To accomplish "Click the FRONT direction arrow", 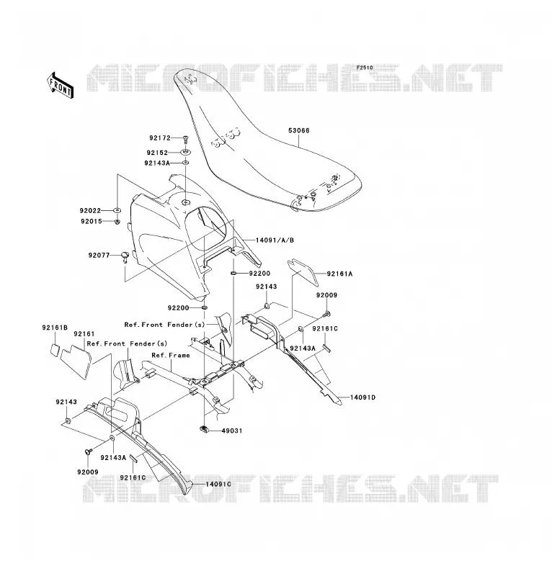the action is [x=61, y=86].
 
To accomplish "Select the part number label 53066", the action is [x=298, y=131].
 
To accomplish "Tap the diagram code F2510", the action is [x=365, y=68].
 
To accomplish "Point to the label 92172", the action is [x=160, y=138].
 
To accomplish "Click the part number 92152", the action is [x=157, y=153].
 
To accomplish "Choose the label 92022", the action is [x=91, y=211].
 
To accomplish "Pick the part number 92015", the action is [x=92, y=222].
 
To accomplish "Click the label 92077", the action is [x=99, y=256].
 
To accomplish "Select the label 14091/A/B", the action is [x=275, y=240].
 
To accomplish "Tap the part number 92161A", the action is [x=339, y=274].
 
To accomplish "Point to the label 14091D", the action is [x=363, y=397].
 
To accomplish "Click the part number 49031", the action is [x=232, y=431].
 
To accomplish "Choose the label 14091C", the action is [x=218, y=485].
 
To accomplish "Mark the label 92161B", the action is [x=55, y=328].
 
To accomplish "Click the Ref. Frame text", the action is [x=171, y=355].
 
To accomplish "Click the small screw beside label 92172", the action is [x=185, y=138].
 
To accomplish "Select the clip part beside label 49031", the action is [x=204, y=428].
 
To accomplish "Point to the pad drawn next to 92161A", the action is [x=303, y=272].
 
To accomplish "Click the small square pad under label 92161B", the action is [x=54, y=350].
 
